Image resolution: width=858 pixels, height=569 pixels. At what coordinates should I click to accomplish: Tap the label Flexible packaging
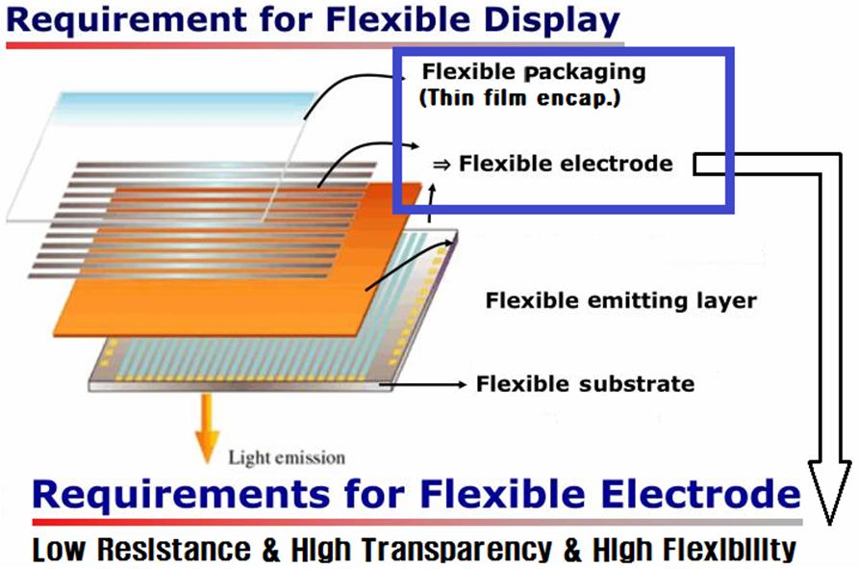tap(534, 72)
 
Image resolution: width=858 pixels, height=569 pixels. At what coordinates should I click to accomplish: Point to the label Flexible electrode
tap(566, 164)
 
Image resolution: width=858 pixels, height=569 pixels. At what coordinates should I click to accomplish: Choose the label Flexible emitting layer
tap(620, 301)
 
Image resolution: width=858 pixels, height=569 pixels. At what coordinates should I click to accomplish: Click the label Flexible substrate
tap(585, 384)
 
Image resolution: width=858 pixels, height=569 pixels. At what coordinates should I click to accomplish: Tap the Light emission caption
tap(287, 457)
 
